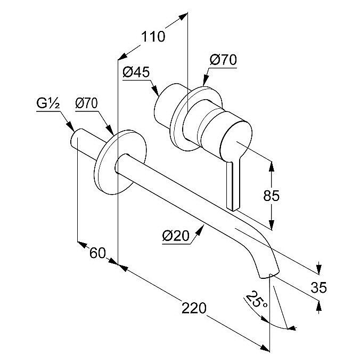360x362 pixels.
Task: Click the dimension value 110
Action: click(153, 37)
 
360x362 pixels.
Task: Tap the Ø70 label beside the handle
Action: click(223, 61)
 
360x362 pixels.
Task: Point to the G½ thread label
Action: click(48, 103)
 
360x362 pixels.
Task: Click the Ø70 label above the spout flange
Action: click(86, 103)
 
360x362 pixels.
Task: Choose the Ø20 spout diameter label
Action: click(175, 235)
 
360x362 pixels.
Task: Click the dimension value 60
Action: click(97, 253)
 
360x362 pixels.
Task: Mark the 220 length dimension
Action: click(193, 308)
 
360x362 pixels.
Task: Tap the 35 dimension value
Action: click(318, 288)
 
